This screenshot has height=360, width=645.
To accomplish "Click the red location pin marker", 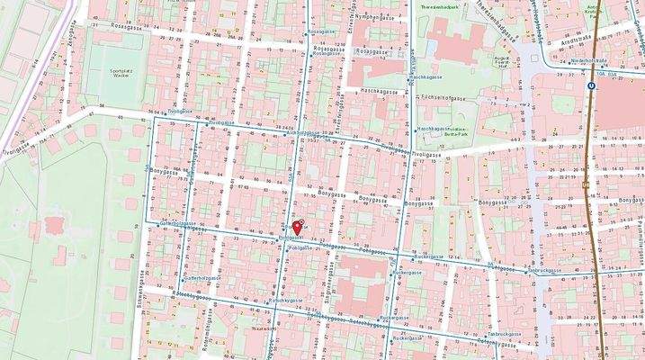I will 298,227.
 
